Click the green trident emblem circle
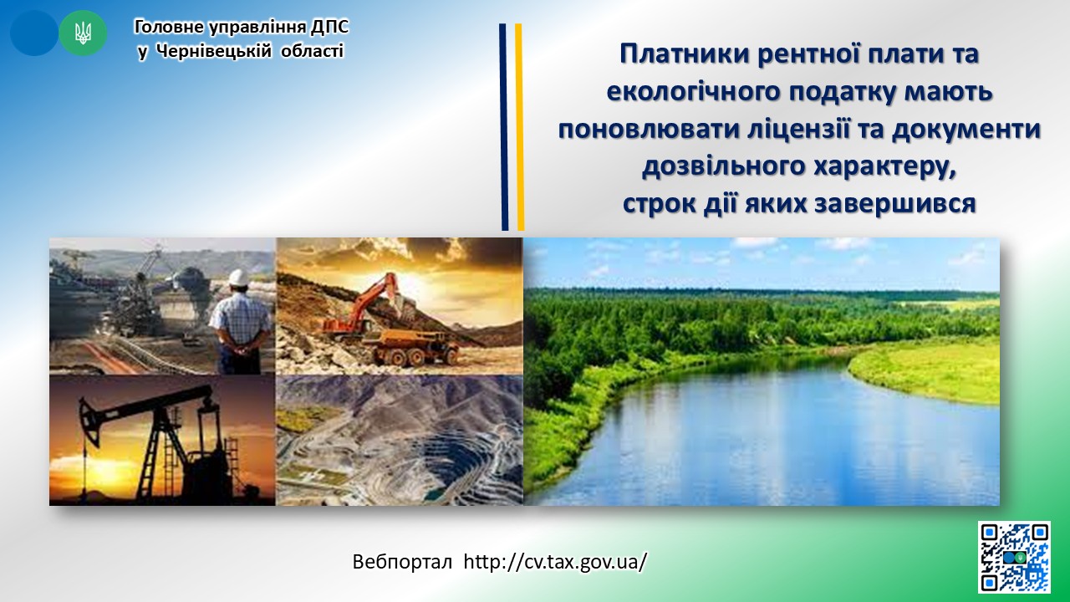click(x=83, y=33)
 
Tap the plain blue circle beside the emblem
click(x=34, y=33)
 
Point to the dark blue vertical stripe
click(x=503, y=127)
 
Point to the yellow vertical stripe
click(x=519, y=127)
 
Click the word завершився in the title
click(x=894, y=204)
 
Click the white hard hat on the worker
click(x=238, y=278)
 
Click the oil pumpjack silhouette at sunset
click(x=158, y=442)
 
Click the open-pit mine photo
click(x=400, y=440)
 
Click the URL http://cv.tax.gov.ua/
click(x=555, y=562)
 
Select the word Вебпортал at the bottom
click(x=402, y=562)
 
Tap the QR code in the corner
click(x=1015, y=557)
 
